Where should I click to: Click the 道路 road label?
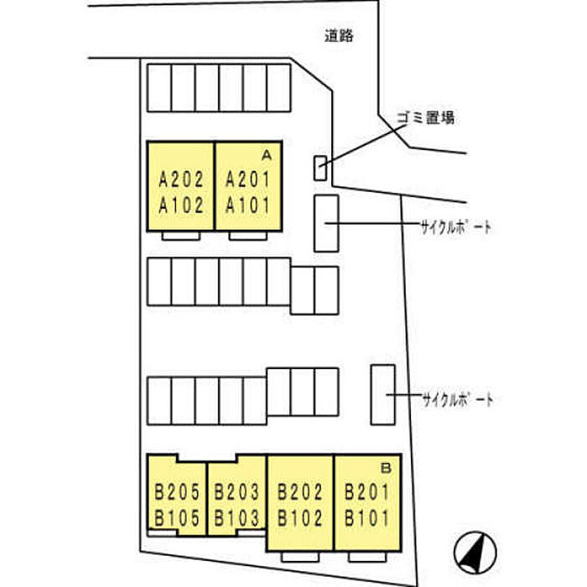339,36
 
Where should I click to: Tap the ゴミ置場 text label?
426,118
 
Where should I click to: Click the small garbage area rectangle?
320,168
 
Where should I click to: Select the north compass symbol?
475,552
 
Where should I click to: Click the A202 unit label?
181,179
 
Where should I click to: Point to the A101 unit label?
248,205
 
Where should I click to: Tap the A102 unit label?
181,205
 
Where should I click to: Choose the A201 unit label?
248,179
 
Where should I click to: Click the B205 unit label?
178,492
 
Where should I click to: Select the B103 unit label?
236,518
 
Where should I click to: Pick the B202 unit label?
300,492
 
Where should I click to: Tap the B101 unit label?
367,518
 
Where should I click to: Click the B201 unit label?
367,492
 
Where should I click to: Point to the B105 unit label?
178,518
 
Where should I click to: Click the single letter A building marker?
266,155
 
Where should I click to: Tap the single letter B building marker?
386,468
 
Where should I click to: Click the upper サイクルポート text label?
455,227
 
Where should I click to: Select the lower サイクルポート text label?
458,400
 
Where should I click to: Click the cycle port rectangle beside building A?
326,223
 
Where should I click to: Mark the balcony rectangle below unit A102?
181,236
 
